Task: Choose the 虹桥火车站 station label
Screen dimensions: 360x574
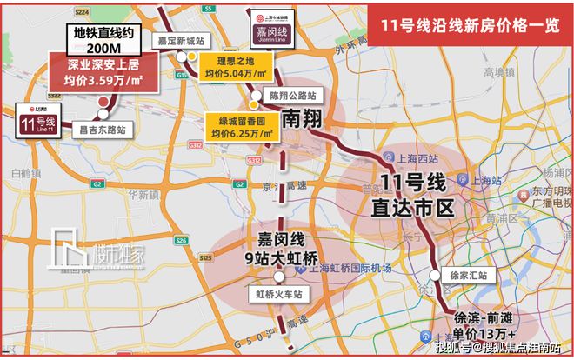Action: [277, 295]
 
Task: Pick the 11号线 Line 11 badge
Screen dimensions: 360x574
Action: [39, 122]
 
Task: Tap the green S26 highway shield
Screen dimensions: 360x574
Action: [181, 240]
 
